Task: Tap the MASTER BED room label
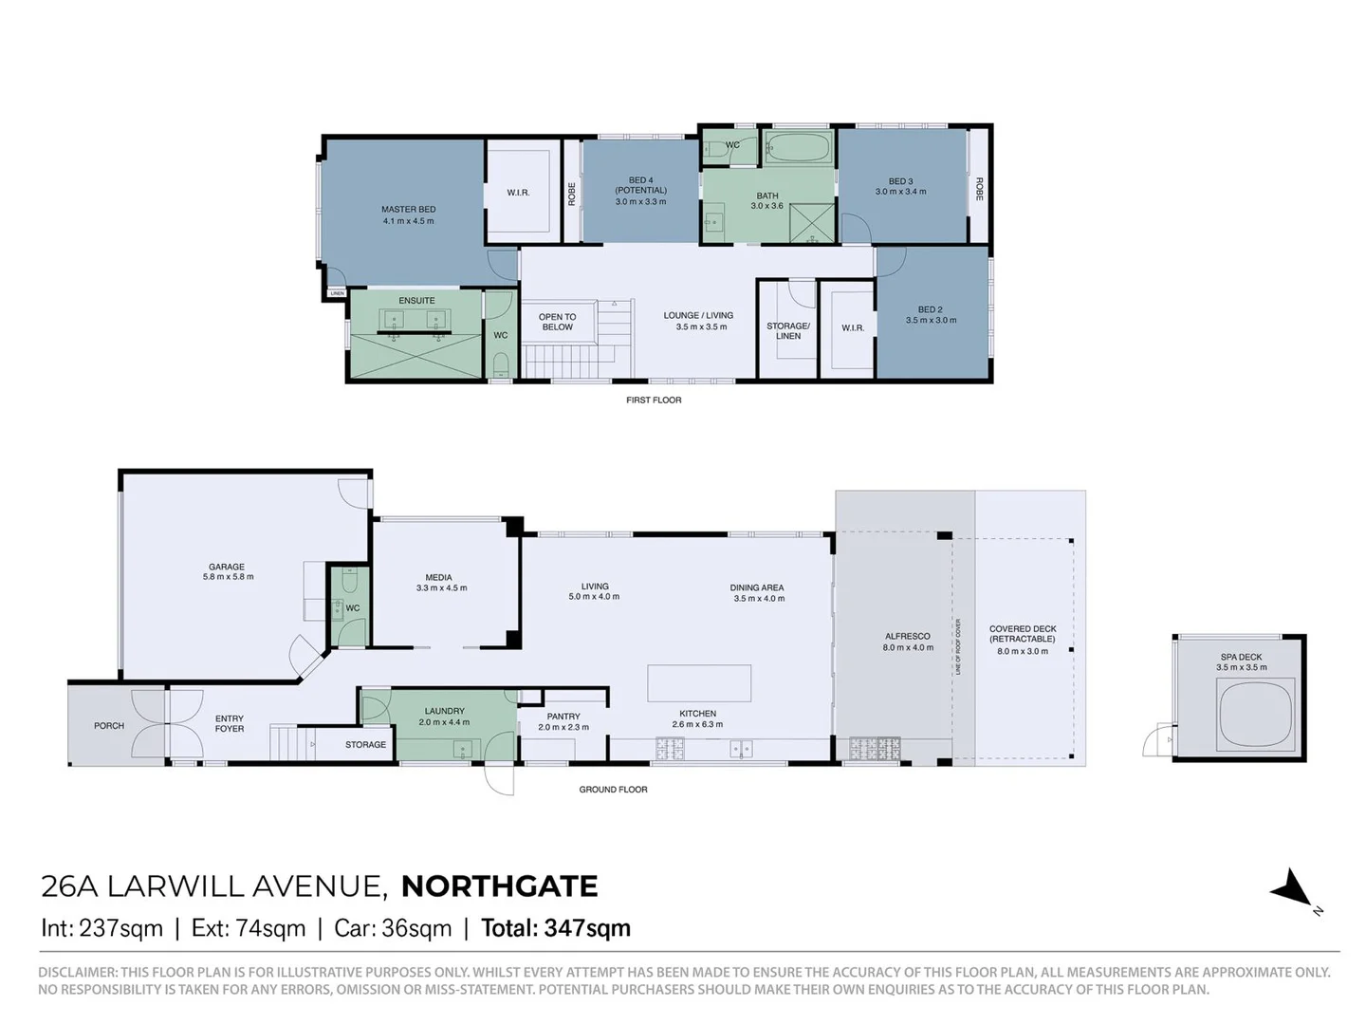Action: tap(408, 210)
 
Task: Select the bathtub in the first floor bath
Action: tap(798, 147)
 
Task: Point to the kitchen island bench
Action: tap(699, 683)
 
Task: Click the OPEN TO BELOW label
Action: tap(557, 323)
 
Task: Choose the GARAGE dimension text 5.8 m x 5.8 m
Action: tap(228, 577)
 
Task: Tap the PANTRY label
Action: tap(563, 717)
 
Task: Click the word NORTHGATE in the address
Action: tap(499, 886)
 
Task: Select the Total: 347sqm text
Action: tap(556, 928)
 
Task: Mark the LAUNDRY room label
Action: tap(444, 711)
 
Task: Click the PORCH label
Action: tap(109, 726)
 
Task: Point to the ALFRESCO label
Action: tap(908, 637)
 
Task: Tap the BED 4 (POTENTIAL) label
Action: tap(640, 185)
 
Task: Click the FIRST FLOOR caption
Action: tap(654, 401)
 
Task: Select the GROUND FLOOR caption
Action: tap(613, 790)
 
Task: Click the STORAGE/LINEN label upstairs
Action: tap(788, 331)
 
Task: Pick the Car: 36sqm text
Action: tap(393, 928)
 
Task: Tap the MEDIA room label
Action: tap(438, 577)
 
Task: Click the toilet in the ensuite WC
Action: tap(500, 364)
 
